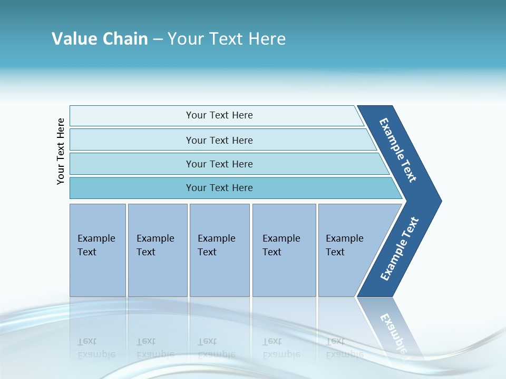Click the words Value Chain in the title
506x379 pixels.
tap(100, 38)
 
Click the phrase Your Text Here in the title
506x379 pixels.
tap(226, 38)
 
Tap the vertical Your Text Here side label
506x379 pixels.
tap(61, 152)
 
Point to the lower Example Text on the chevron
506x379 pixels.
tap(400, 249)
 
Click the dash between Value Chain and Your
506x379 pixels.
tap(158, 39)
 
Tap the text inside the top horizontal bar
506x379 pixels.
tap(219, 115)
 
